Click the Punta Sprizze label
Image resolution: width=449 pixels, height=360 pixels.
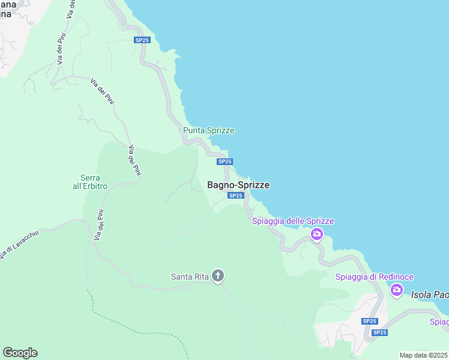(x=208, y=130)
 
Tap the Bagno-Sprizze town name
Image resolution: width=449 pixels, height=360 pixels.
(x=238, y=185)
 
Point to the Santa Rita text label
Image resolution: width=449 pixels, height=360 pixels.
(x=190, y=277)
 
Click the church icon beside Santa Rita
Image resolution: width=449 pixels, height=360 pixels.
(x=218, y=276)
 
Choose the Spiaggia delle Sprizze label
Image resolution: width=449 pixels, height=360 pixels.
(x=292, y=221)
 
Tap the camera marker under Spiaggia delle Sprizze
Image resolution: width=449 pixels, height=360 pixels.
(x=317, y=235)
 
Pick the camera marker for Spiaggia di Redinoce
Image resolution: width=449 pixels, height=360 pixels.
(x=396, y=290)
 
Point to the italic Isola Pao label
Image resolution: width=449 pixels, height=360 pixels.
(x=430, y=295)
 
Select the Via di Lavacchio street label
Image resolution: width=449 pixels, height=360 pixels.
(x=19, y=245)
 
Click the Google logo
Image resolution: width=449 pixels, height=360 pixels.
(x=20, y=352)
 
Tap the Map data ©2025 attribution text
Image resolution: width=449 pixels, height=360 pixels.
(x=423, y=355)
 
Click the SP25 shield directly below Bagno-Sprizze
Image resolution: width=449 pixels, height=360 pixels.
(x=235, y=196)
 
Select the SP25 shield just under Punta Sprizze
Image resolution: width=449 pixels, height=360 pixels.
(x=224, y=161)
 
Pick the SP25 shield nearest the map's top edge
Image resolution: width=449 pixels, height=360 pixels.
(x=142, y=40)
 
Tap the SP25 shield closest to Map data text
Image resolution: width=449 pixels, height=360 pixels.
(x=379, y=332)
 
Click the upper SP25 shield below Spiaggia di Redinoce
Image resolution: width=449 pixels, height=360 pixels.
(x=370, y=321)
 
